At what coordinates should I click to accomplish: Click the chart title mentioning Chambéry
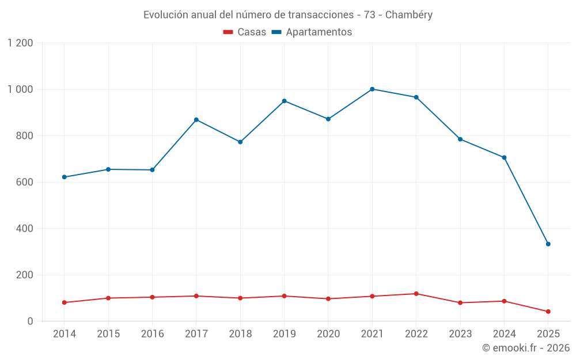(287, 15)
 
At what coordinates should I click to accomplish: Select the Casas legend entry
(245, 32)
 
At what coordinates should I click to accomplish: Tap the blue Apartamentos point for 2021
(372, 89)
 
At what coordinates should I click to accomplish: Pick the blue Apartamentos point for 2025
(548, 244)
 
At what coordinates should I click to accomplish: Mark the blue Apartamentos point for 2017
(196, 120)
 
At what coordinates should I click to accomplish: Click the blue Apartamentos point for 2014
(65, 177)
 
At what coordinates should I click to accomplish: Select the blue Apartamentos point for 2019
(284, 101)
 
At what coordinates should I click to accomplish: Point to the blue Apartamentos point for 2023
(460, 139)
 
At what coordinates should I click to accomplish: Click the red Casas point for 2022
(416, 294)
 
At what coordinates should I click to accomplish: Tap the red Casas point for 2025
(548, 312)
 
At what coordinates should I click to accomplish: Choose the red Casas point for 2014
(65, 302)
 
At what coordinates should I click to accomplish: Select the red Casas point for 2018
(240, 298)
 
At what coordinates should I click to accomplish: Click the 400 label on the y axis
(25, 229)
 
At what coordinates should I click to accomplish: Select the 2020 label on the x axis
(328, 334)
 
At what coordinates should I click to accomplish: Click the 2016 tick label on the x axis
(152, 334)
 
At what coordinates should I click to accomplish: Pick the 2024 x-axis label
(504, 334)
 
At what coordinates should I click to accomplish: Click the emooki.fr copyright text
(525, 348)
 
